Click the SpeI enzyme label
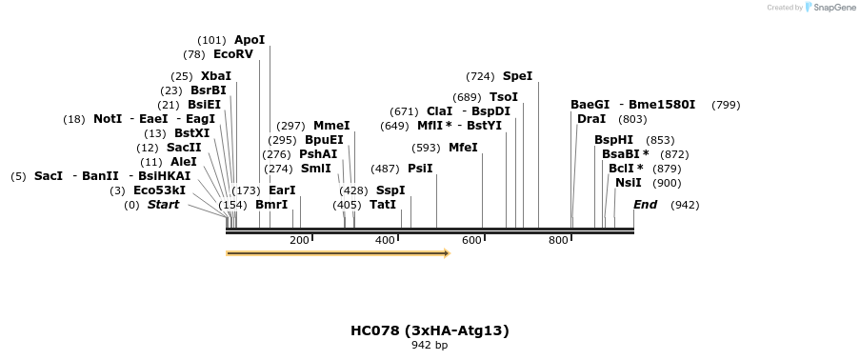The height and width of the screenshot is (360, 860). [x=517, y=76]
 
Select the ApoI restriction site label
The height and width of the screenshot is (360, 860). [x=250, y=40]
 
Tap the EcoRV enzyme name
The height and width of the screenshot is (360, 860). [x=233, y=54]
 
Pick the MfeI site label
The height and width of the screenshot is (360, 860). [x=463, y=148]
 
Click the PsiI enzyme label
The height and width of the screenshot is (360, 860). [x=420, y=169]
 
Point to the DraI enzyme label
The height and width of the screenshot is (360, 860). [x=590, y=119]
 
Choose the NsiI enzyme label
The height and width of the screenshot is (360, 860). [x=629, y=183]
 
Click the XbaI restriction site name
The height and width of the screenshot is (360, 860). [x=216, y=76]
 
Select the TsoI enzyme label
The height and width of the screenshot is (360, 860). [x=504, y=97]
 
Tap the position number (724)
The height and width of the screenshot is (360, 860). [x=480, y=76]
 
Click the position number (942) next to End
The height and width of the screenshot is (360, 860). [x=685, y=205]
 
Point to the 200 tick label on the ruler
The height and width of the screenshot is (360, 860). [x=299, y=240]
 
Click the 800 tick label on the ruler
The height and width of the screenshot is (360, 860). [x=558, y=240]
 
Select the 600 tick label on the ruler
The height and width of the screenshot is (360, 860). [x=471, y=240]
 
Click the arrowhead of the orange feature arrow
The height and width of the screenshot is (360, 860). [x=446, y=253]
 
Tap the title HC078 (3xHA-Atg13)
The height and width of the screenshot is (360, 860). [x=430, y=330]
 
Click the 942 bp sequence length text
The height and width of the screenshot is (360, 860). [x=430, y=345]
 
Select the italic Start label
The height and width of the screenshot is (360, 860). [x=163, y=205]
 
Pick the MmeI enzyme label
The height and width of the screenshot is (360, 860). [x=331, y=126]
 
